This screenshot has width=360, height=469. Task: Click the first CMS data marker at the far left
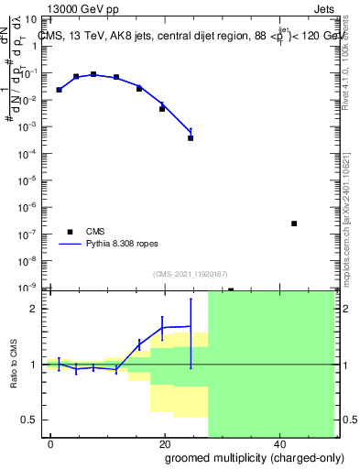coord(59,90)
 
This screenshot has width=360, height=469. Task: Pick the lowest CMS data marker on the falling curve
coord(191,137)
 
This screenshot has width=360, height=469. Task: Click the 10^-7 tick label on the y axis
coord(27,234)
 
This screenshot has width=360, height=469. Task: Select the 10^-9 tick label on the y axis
coord(27,287)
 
